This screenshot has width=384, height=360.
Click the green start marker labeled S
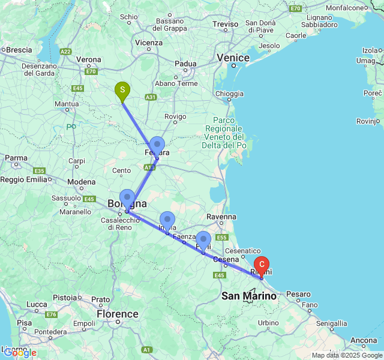[122, 92]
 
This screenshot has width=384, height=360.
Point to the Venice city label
[233, 58]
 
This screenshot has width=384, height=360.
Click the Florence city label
[118, 314]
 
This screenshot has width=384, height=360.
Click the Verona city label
[89, 59]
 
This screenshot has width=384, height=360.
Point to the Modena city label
[81, 182]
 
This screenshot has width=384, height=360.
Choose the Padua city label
[185, 64]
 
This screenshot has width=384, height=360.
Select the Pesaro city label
[298, 294]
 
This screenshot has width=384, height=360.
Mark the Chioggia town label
[229, 94]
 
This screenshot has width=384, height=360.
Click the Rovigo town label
[175, 116]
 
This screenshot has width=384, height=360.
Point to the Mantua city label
[66, 104]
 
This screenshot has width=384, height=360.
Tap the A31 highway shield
[151, 97]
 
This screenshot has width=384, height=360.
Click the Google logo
[20, 353]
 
